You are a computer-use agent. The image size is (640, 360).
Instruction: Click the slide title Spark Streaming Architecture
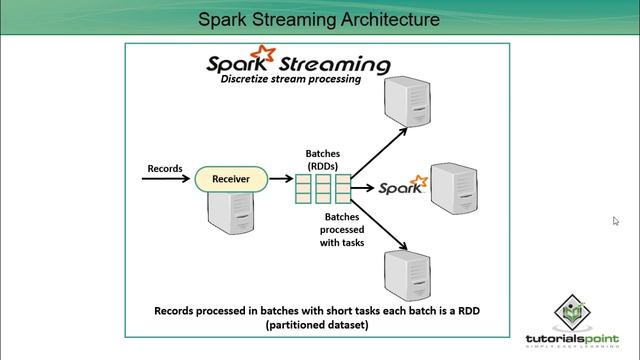[x=319, y=19]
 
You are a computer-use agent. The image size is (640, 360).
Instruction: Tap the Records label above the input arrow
[x=165, y=167]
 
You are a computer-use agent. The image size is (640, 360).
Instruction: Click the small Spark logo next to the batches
[x=403, y=186]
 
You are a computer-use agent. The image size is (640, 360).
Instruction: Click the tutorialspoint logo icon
[x=571, y=314]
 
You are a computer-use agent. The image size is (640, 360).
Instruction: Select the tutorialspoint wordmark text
[x=571, y=338]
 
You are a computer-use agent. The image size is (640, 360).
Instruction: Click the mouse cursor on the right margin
[x=616, y=221]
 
